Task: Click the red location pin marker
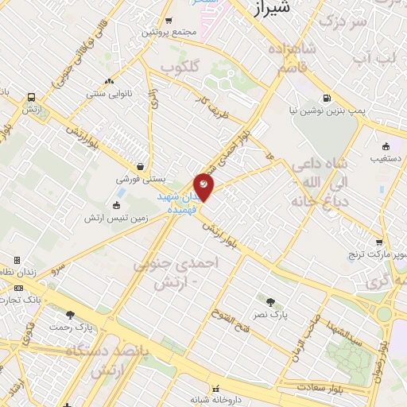click(203, 187)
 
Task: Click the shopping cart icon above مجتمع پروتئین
click(168, 21)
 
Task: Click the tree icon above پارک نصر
click(270, 302)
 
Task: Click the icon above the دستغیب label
click(386, 145)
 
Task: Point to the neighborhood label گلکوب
click(179, 68)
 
